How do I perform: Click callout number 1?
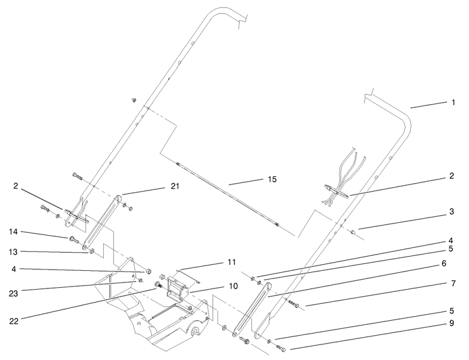(453, 103)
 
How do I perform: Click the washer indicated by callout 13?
(92, 253)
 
